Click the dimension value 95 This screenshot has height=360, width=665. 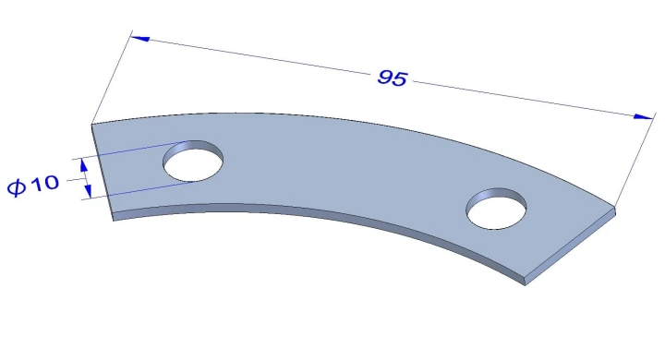392,78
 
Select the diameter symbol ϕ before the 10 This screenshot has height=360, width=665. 17,186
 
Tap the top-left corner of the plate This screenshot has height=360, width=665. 92,124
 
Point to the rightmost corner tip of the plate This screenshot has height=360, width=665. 615,210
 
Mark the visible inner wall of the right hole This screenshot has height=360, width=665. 499,195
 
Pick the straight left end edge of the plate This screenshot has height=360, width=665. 102,170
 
